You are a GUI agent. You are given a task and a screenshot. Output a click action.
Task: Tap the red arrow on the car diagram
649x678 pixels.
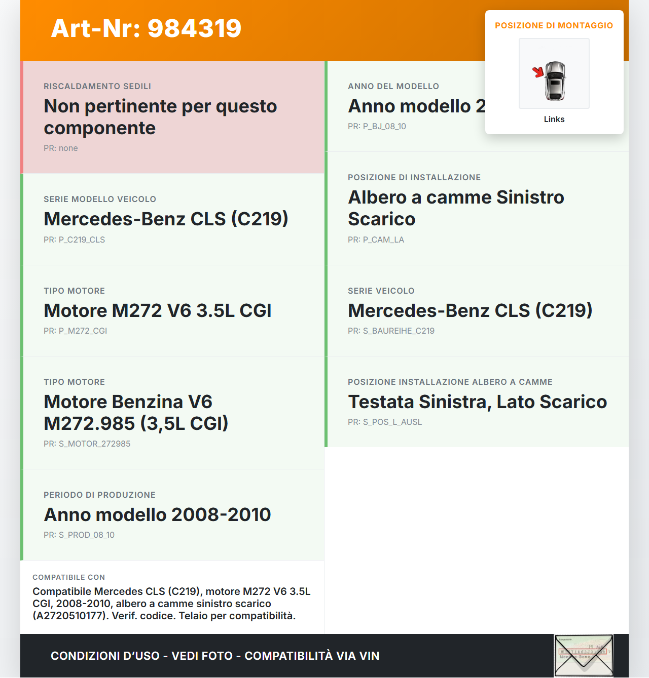(538, 72)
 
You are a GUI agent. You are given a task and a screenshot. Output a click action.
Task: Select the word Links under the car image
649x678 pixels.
(554, 119)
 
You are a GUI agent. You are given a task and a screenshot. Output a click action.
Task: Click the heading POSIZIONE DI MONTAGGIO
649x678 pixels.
(554, 25)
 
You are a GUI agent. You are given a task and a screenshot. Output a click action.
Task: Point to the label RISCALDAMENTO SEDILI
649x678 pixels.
(97, 87)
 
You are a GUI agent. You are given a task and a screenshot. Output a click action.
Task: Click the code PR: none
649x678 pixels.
(61, 148)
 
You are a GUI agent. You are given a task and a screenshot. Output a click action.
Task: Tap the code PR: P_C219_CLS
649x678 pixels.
(75, 240)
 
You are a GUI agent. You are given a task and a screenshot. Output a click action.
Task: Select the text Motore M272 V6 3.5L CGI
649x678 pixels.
(158, 310)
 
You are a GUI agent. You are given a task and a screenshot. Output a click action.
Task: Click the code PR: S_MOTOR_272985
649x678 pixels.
(87, 444)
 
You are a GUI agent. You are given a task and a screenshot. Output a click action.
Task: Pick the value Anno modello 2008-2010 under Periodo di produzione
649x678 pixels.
(158, 514)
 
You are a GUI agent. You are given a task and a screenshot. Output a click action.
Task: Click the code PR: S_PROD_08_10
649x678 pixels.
(79, 535)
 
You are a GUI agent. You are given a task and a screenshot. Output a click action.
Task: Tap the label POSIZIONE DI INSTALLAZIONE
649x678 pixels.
(414, 178)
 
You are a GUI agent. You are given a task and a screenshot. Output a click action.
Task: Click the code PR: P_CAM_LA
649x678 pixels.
(376, 240)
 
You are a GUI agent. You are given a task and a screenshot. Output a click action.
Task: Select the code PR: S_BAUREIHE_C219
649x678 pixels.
(391, 331)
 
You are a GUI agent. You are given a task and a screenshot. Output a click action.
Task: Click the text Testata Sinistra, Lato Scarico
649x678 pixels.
(477, 402)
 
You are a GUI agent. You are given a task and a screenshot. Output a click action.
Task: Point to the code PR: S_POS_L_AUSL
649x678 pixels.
(385, 422)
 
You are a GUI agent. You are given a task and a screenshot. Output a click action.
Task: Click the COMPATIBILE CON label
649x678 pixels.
(69, 577)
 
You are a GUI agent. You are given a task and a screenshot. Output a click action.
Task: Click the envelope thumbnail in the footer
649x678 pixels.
(584, 655)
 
